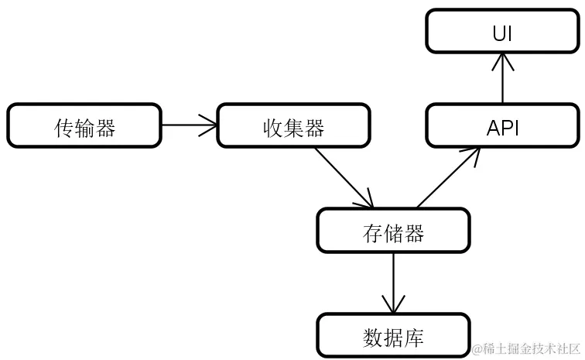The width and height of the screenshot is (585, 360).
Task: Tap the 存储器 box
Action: [393, 231]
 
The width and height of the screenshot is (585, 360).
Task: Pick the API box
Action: [502, 125]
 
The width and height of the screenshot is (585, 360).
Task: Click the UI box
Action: [502, 33]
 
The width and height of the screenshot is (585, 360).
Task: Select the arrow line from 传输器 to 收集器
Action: [189, 122]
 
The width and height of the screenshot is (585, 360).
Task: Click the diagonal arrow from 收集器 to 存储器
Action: [343, 177]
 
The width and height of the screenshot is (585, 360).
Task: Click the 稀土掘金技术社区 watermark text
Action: [525, 349]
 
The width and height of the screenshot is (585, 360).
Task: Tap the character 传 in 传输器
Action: [64, 126]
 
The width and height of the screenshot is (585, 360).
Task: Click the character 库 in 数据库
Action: [414, 338]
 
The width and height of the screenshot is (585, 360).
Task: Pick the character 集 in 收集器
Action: [292, 126]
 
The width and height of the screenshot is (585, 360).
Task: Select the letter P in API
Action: [505, 127]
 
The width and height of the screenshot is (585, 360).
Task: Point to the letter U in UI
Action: [498, 33]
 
